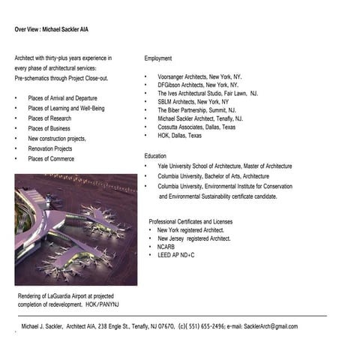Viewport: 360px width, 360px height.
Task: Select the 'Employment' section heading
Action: (158, 58)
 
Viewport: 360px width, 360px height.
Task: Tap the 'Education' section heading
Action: (156, 155)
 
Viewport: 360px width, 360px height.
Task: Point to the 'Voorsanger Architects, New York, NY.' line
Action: (199, 77)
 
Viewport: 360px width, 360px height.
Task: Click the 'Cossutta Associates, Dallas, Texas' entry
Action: (196, 127)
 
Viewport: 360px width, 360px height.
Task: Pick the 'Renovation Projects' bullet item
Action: (55, 148)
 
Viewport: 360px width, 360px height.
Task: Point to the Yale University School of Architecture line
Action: (224, 166)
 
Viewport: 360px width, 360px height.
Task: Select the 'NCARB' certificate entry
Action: (166, 247)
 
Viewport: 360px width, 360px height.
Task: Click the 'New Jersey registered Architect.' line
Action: (193, 238)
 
